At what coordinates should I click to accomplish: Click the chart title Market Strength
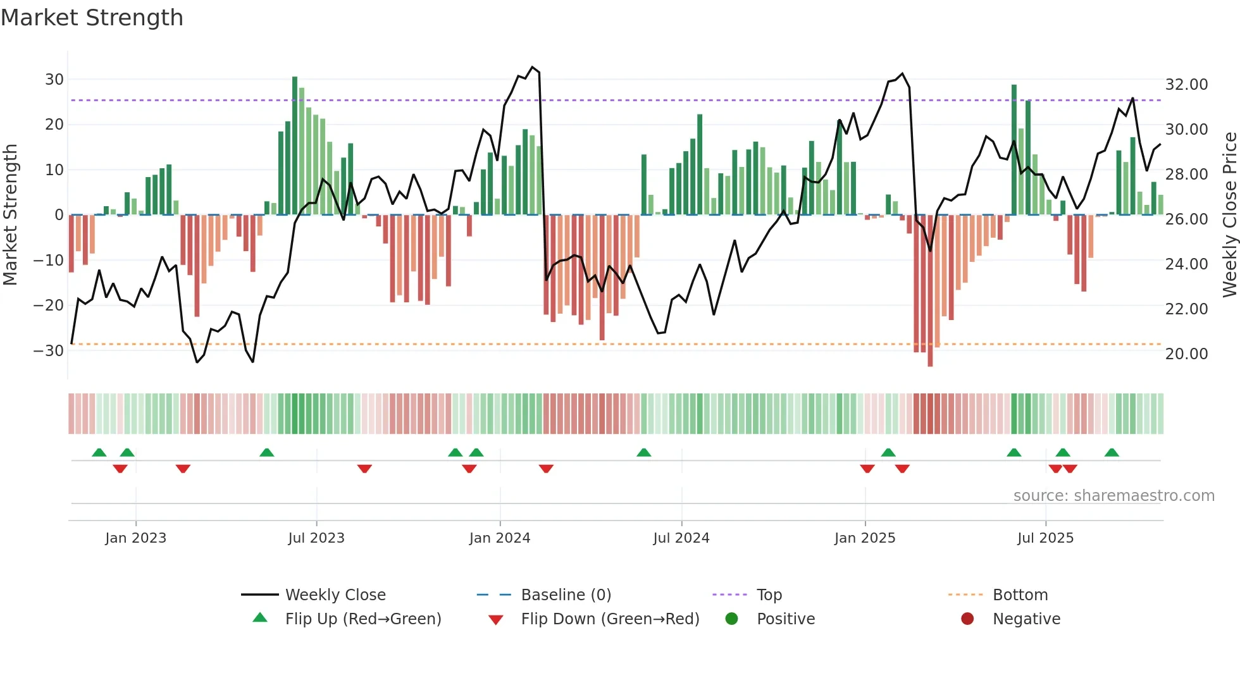pos(92,18)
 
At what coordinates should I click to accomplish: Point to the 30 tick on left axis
pos(54,80)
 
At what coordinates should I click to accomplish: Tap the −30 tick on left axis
pos(49,350)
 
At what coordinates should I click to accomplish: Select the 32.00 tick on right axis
pos(1186,85)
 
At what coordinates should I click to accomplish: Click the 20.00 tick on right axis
pos(1186,354)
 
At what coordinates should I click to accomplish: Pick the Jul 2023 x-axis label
pos(316,538)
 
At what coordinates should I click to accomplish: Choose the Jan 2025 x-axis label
pos(865,538)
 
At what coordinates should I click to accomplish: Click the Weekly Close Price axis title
pos(1229,215)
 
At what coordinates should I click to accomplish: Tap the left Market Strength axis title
pos(11,215)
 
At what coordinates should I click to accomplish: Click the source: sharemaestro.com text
pos(1113,496)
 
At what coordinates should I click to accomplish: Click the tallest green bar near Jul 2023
pos(295,145)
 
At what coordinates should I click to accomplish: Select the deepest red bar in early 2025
pos(930,291)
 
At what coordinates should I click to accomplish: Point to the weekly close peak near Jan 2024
pos(533,67)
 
